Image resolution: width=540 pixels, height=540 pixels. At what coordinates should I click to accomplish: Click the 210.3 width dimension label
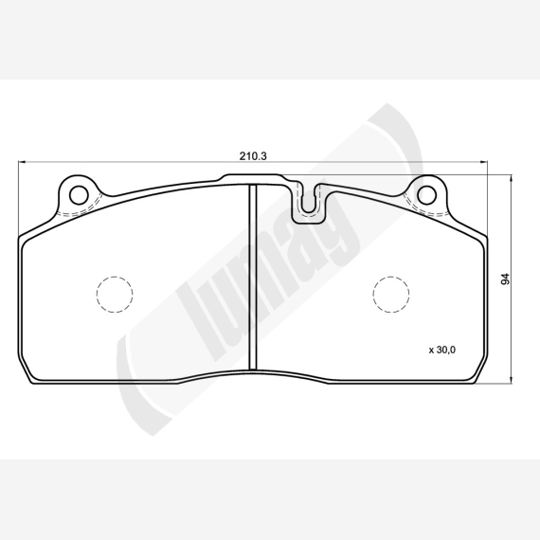click(253, 156)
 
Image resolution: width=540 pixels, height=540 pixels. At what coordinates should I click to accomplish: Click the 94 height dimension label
click(505, 279)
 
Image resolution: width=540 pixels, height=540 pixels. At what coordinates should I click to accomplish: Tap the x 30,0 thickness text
click(441, 350)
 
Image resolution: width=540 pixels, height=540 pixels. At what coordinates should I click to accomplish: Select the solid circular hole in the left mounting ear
click(79, 195)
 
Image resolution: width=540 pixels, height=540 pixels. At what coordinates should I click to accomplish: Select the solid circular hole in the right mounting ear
click(426, 195)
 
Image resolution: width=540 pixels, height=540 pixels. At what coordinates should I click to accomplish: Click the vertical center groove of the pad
click(253, 278)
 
